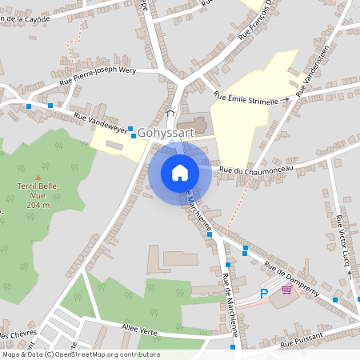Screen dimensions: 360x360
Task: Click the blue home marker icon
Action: coord(180,173)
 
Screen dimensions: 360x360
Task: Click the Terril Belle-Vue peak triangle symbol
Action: coord(36,177)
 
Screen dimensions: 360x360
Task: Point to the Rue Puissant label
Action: coord(302,342)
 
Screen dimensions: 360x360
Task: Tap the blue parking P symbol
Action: coord(265,294)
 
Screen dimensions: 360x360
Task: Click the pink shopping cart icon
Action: coord(286,290)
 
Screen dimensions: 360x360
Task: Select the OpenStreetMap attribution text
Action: coord(81,354)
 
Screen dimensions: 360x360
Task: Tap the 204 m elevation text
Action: coord(37,205)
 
